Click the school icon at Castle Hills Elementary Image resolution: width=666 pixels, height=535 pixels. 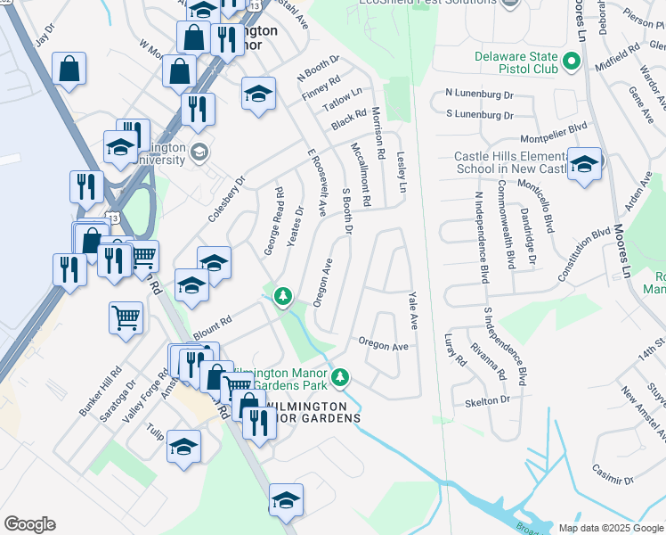point(583,164)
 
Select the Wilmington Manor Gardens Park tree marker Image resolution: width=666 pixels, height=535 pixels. point(339,379)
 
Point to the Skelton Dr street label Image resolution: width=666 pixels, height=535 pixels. point(487,402)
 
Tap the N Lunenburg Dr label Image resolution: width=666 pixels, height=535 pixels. point(480,93)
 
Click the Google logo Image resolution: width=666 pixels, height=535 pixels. point(29,524)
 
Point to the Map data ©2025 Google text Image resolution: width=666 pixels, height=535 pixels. point(609,528)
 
